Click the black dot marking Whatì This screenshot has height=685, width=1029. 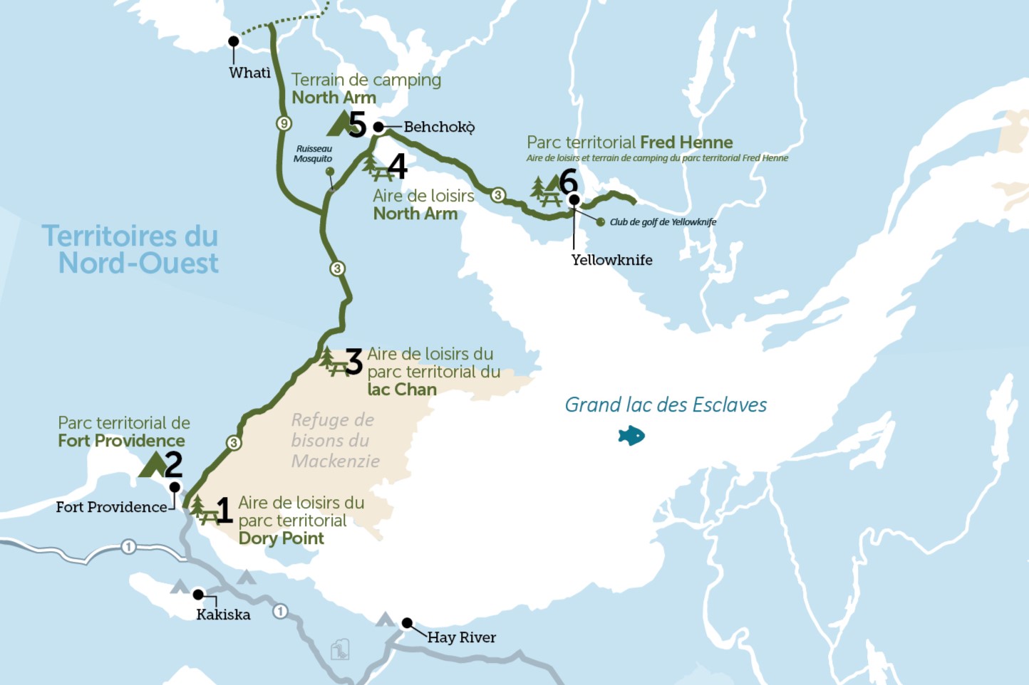pyautogui.click(x=233, y=41)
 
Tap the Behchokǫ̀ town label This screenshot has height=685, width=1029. pyautogui.click(x=439, y=127)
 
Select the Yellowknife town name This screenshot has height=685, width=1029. pyautogui.click(x=611, y=260)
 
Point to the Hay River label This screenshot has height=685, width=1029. pyautogui.click(x=461, y=637)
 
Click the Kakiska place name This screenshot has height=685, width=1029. pyautogui.click(x=223, y=615)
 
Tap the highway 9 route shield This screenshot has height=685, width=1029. pyautogui.click(x=284, y=123)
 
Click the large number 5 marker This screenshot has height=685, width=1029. pyautogui.click(x=357, y=125)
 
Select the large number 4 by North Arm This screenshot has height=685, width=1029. pyautogui.click(x=397, y=167)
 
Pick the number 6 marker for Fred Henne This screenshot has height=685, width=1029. pyautogui.click(x=568, y=181)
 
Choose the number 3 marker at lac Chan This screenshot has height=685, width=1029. pyautogui.click(x=353, y=362)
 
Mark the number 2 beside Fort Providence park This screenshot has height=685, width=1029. pyautogui.click(x=173, y=464)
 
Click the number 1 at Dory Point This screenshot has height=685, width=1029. pyautogui.click(x=224, y=511)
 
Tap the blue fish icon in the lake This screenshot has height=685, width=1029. pyautogui.click(x=631, y=435)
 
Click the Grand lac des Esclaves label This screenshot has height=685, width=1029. pyautogui.click(x=666, y=405)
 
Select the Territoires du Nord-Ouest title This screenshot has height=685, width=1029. pyautogui.click(x=130, y=249)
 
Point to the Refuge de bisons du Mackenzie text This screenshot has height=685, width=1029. pyautogui.click(x=335, y=440)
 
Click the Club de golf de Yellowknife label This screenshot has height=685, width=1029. pyautogui.click(x=663, y=222)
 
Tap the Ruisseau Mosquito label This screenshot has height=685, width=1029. pyautogui.click(x=313, y=154)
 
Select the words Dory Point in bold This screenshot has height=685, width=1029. pyautogui.click(x=281, y=538)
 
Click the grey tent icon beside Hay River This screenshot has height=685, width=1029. pyautogui.click(x=385, y=619)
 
